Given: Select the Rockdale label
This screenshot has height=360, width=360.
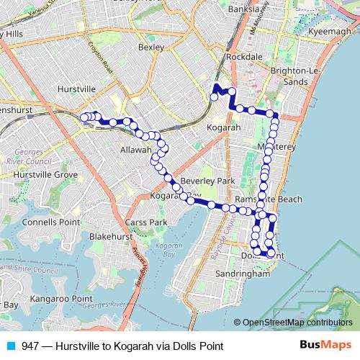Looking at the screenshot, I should click(x=243, y=56).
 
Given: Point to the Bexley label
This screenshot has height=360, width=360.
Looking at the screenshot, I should click(x=151, y=47).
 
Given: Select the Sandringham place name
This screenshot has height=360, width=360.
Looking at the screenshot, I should click(x=246, y=274).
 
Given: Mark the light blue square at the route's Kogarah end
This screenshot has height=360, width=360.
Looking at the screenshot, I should click(x=214, y=96).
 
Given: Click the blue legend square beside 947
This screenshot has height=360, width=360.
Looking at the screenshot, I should click(x=10, y=346).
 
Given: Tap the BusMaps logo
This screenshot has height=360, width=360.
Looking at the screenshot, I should click(x=325, y=346).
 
